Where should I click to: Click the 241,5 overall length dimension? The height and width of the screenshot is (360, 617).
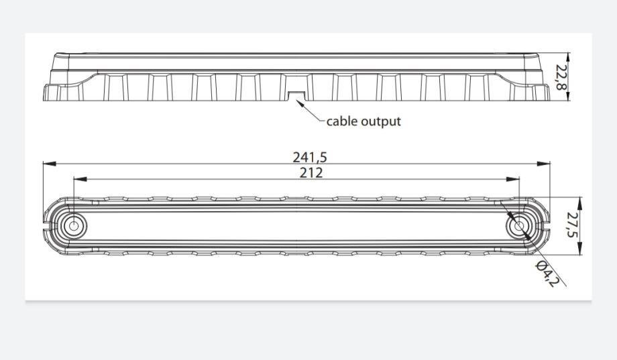(310, 158)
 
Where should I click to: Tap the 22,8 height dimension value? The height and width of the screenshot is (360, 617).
(561, 78)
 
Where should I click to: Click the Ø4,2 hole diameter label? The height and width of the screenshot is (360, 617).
(547, 274)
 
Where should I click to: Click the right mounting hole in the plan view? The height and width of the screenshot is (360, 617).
(518, 227)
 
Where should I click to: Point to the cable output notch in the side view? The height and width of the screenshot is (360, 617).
(295, 96)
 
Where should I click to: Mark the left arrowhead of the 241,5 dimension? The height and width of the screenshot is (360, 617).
(46, 163)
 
